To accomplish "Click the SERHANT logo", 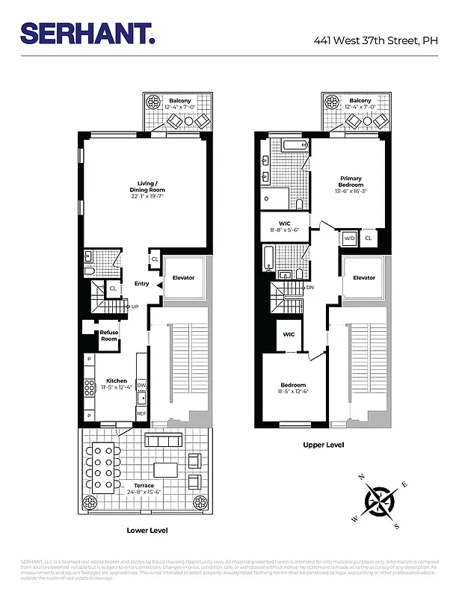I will (x=88, y=33).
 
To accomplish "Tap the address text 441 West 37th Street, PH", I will (x=375, y=41).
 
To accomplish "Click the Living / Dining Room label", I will (x=146, y=186).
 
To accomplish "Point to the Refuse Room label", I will (x=109, y=336).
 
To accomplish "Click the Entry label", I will (x=141, y=284).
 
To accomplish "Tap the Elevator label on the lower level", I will (x=183, y=278).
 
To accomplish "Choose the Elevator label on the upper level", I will (x=364, y=278).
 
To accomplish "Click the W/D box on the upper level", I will (x=349, y=238).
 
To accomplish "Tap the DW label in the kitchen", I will (x=141, y=385).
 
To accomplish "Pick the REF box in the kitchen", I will (x=141, y=412).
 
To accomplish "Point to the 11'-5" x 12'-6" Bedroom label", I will (x=294, y=389).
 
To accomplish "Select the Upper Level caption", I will (x=323, y=445).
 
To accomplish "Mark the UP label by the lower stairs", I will (x=135, y=306).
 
